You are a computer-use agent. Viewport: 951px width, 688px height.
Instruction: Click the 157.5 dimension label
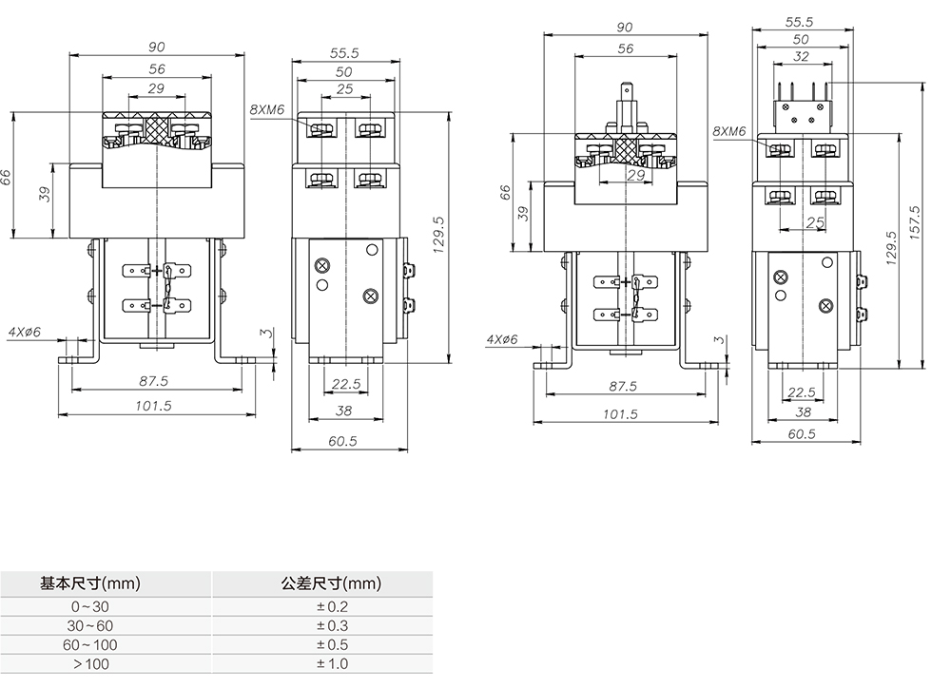click(915, 221)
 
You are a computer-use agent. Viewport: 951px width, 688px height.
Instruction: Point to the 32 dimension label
click(801, 56)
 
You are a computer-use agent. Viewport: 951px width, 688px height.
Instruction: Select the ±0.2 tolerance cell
click(332, 607)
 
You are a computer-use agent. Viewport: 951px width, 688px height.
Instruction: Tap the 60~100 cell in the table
click(89, 645)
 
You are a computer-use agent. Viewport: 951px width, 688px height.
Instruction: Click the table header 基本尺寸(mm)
click(89, 583)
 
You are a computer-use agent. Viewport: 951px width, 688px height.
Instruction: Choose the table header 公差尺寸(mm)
click(331, 583)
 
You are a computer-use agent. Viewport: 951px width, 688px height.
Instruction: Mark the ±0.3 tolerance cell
click(332, 625)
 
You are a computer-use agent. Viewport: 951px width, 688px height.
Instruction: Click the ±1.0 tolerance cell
click(332, 663)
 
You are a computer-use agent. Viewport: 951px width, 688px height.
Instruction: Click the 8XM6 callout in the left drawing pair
click(267, 109)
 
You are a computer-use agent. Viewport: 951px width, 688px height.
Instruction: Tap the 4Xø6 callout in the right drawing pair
click(502, 339)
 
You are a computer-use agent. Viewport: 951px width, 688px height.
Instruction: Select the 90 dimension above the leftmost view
click(157, 48)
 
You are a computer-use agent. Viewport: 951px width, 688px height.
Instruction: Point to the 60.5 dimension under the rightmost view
click(802, 434)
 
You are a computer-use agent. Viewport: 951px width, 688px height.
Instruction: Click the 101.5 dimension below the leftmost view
click(153, 406)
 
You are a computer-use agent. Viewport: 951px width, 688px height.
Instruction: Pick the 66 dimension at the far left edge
click(6, 177)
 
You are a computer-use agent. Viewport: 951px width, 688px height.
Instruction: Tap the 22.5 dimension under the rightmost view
click(801, 392)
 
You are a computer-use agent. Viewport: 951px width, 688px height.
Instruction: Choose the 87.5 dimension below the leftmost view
click(153, 381)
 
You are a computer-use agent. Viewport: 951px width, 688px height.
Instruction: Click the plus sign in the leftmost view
click(157, 270)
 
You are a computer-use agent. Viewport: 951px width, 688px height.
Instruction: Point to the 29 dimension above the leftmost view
click(156, 88)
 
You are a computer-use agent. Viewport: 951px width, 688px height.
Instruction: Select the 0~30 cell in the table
click(89, 607)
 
